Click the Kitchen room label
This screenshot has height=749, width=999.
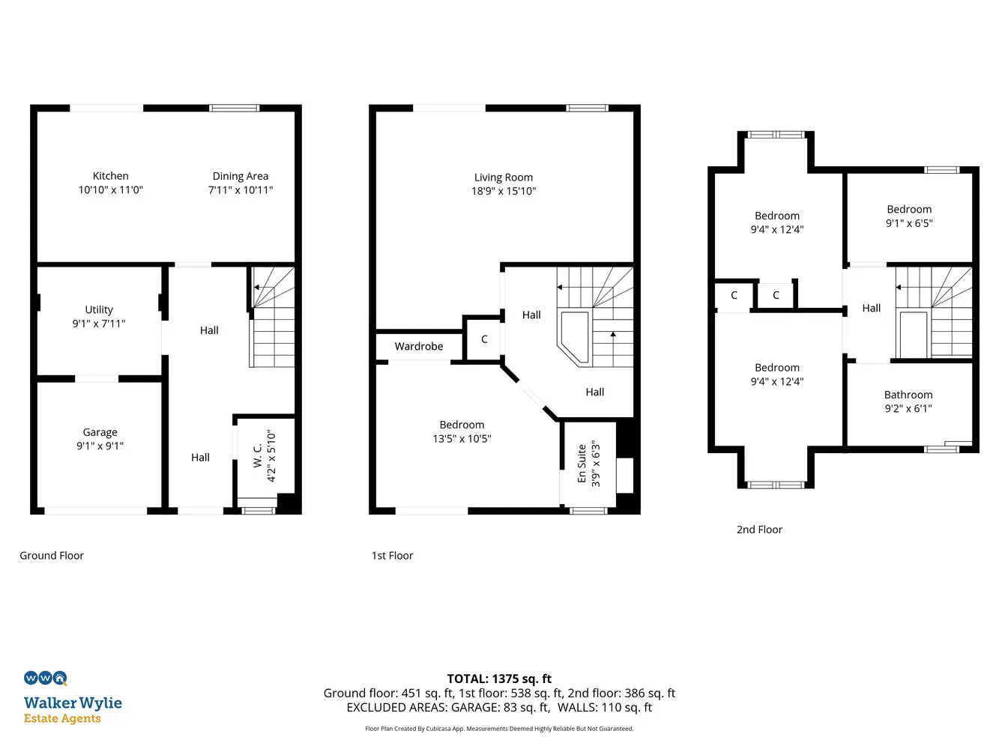pos(111,176)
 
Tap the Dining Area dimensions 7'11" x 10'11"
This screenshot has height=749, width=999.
pos(241,190)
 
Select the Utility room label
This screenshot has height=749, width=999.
pos(99,309)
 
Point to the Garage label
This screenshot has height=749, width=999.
pos(100,432)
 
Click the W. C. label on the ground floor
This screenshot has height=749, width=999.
pos(258,455)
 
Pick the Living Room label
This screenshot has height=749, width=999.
pos(504,178)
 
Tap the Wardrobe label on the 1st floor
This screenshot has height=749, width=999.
pos(419,347)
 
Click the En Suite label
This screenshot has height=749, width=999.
pos(582,464)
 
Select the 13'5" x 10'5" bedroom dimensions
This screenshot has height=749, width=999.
pos(462,439)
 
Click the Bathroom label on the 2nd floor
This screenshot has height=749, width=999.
pos(908,395)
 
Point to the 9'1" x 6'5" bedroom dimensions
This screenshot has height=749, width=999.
pos(909,223)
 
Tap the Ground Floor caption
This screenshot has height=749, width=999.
pos(52,556)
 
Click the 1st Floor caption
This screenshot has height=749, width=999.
pos(392,556)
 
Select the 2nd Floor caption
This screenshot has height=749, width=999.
pos(759,530)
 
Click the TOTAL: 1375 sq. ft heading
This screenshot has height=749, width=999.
pos(499,679)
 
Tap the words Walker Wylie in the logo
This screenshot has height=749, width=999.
pos(73,703)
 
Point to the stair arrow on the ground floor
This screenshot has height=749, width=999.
pos(257,288)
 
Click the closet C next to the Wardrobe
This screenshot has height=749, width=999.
pos(484,339)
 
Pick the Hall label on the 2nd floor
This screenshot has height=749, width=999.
pos(871,309)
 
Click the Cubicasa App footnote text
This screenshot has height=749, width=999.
pos(499,729)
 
